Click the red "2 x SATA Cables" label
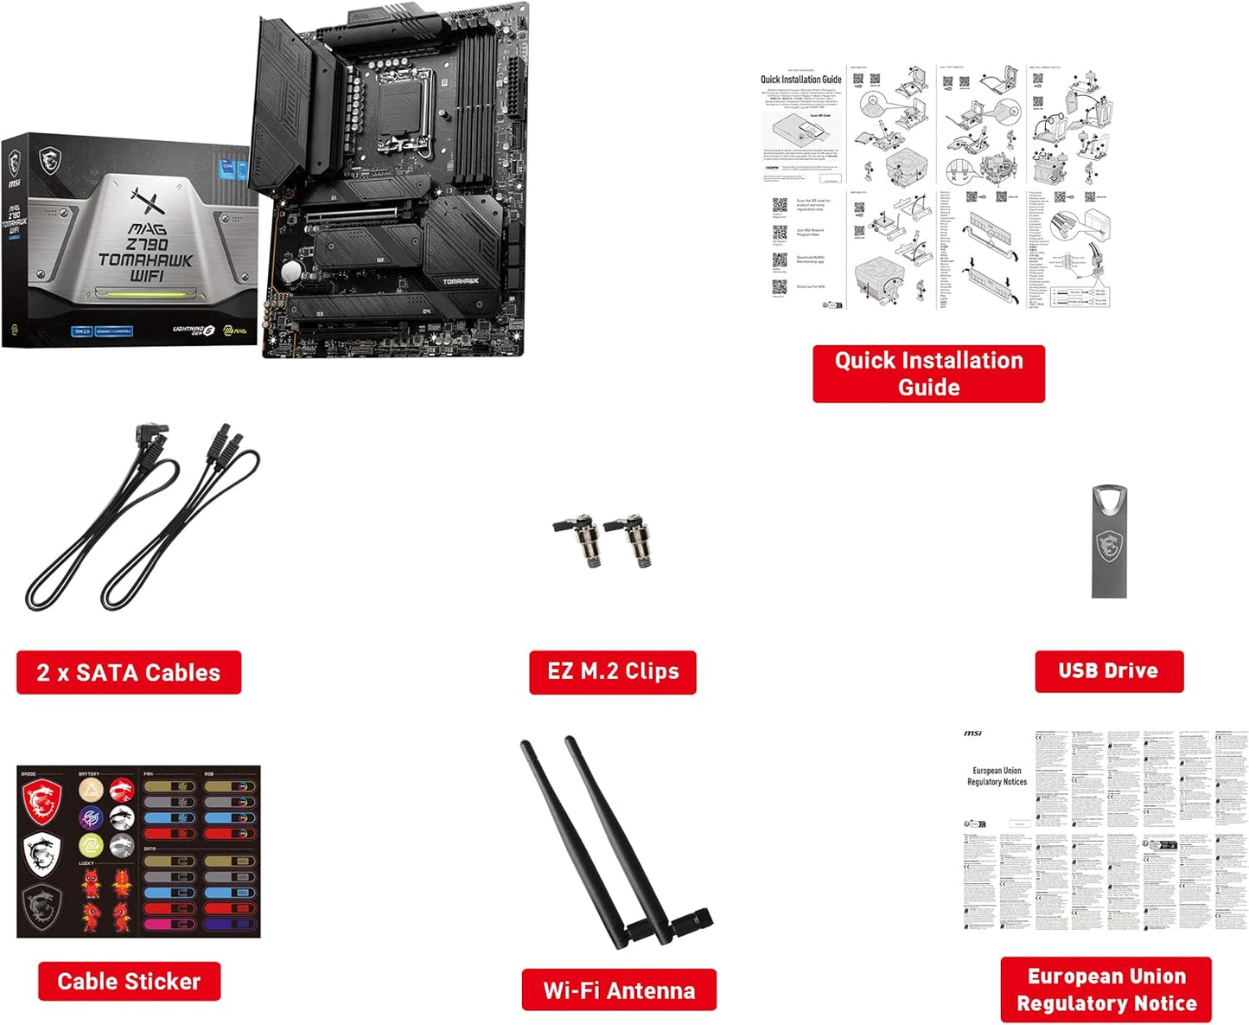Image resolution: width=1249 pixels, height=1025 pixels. click(x=128, y=672)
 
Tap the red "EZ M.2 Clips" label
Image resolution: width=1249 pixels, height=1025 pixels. click(x=612, y=671)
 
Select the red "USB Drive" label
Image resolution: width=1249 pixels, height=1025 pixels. click(x=1108, y=670)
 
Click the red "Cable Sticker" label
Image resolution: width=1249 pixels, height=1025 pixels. click(x=129, y=981)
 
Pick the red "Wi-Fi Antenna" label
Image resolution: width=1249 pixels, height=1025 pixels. click(x=618, y=990)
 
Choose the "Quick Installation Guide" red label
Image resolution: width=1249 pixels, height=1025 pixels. click(x=928, y=374)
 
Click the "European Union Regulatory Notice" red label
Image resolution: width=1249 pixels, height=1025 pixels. click(x=1106, y=990)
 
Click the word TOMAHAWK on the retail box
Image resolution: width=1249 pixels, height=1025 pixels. click(x=145, y=259)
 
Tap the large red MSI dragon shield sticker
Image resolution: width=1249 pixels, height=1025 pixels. click(x=42, y=801)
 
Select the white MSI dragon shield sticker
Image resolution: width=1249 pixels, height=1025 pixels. click(x=41, y=854)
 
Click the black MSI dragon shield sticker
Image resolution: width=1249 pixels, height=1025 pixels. click(x=41, y=906)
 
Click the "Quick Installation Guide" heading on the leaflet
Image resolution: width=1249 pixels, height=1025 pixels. click(x=800, y=80)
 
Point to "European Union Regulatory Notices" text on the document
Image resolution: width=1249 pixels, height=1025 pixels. click(x=997, y=776)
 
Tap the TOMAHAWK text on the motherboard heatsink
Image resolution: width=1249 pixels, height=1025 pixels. click(x=460, y=281)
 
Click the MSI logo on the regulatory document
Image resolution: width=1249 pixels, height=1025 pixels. click(x=973, y=734)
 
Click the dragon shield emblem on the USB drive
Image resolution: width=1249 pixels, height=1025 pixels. click(x=1109, y=547)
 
